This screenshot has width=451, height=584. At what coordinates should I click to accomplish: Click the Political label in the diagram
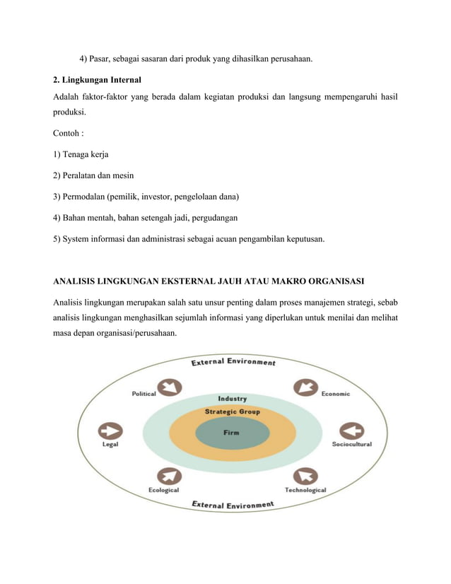(143, 394)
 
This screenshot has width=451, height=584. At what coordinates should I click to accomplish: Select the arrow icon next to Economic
(305, 388)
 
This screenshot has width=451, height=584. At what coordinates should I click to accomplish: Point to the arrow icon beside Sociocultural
(351, 431)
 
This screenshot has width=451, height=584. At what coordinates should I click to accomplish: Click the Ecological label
(163, 490)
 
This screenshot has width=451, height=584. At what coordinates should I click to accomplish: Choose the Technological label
(305, 490)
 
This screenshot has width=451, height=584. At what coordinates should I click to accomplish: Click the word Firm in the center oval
(231, 433)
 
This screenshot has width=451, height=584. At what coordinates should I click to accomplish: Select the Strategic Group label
(232, 411)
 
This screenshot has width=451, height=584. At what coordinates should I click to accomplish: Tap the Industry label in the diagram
(232, 398)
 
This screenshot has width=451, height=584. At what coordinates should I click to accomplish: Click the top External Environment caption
(233, 363)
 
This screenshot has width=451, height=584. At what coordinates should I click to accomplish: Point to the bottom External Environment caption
(233, 505)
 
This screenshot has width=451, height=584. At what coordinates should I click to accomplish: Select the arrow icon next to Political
(170, 387)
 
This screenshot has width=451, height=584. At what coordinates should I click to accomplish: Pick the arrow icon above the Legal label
(111, 431)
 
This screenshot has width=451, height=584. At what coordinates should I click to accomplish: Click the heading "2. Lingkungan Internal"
(97, 80)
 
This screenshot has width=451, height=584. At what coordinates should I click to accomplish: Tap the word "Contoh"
(66, 132)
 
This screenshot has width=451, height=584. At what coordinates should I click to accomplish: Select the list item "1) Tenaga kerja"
(81, 153)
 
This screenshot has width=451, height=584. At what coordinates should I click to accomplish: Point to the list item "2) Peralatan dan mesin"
(93, 175)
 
